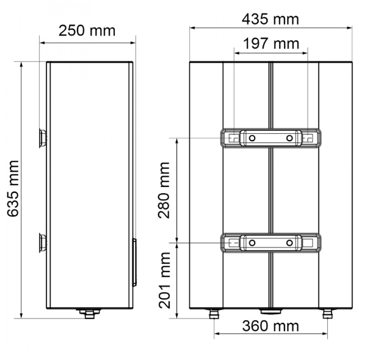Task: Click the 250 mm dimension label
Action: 87,31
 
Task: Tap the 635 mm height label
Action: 13,188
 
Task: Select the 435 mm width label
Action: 271,19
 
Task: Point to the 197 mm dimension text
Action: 271,43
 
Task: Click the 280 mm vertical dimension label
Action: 164,190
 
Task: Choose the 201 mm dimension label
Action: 164,280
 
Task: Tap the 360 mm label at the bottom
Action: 271,326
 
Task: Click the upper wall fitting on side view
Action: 43,138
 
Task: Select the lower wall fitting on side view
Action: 43,243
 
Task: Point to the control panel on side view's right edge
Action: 134,262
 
